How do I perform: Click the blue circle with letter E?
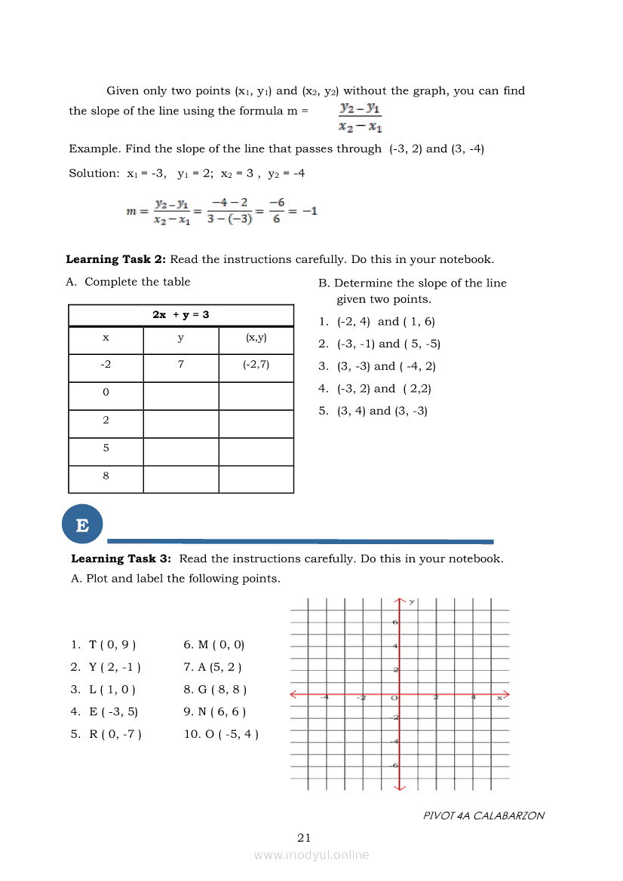click(x=82, y=525)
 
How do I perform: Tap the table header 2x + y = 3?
click(x=181, y=314)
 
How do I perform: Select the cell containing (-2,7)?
click(x=256, y=365)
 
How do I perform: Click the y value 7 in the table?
click(x=181, y=365)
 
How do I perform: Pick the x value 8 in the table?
click(x=106, y=476)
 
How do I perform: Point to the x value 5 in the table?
click(x=106, y=448)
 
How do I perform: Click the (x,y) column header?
click(x=256, y=338)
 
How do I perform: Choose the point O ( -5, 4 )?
click(x=222, y=734)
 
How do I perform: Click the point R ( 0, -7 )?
click(x=106, y=734)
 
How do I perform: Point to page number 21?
click(x=304, y=837)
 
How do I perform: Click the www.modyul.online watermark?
click(x=311, y=855)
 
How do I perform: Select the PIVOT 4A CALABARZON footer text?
click(x=483, y=815)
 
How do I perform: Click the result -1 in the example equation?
click(x=309, y=211)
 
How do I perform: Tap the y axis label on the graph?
click(x=412, y=601)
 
